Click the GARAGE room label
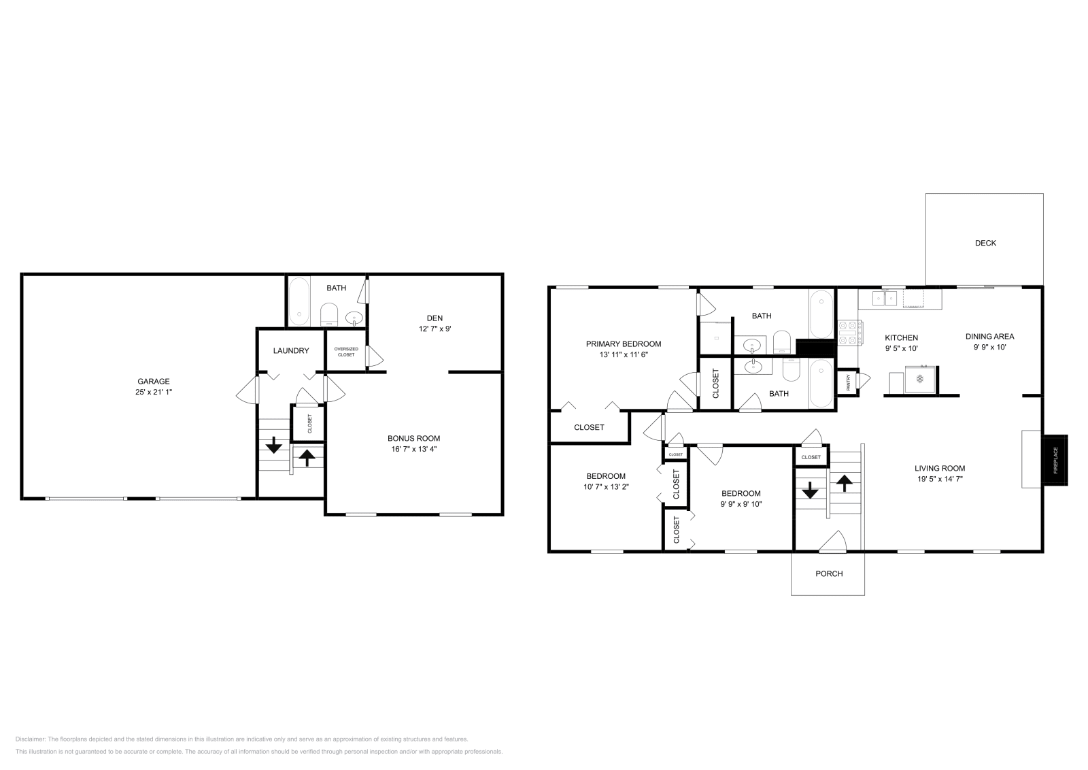(x=154, y=382)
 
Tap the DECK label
(x=985, y=243)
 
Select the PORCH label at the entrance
(x=829, y=573)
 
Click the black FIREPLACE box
(x=1056, y=461)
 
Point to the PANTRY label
(x=848, y=383)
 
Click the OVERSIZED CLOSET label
(x=346, y=352)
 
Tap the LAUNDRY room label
(x=291, y=351)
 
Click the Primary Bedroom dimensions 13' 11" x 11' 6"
(x=623, y=355)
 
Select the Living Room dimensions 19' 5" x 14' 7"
(x=939, y=479)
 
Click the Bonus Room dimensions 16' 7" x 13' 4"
(x=413, y=449)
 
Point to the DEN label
(x=435, y=318)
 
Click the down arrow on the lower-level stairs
(x=273, y=446)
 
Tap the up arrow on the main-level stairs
(x=844, y=483)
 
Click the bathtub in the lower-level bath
(x=299, y=301)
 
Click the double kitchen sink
(x=883, y=299)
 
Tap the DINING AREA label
(x=989, y=336)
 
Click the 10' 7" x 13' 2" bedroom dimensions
(x=606, y=487)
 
